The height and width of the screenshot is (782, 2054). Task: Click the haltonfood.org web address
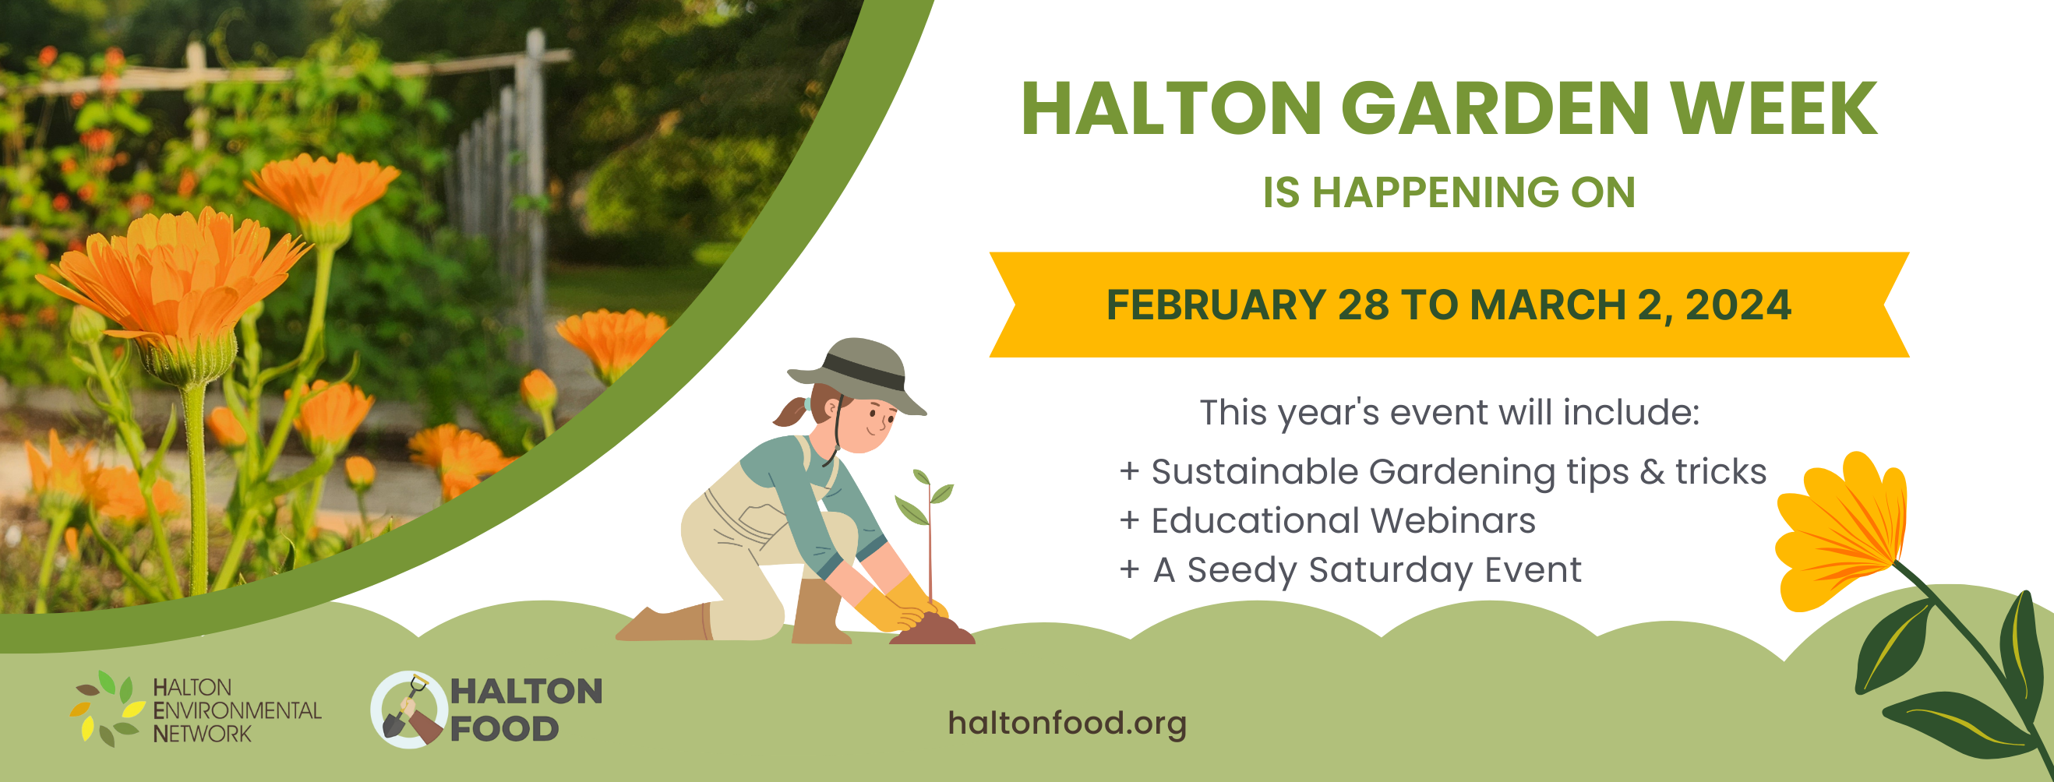point(1067,723)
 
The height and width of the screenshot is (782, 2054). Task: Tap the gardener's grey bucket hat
point(857,375)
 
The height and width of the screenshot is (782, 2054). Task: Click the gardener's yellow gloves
point(901,606)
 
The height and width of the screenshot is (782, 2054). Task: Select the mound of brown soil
point(931,630)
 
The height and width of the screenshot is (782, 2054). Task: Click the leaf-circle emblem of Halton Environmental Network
point(107,709)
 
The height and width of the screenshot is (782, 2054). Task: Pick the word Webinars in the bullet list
point(1452,520)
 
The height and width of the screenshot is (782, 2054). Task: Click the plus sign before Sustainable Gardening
point(1129,471)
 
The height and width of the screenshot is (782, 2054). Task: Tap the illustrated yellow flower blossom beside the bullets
point(1842,530)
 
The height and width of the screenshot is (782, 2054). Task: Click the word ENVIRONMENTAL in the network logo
point(237,710)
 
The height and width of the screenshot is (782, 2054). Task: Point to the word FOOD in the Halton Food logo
point(504,728)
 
